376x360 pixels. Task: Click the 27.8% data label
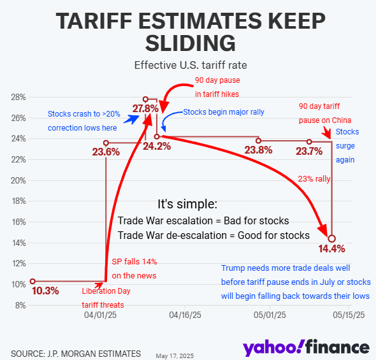point(145,108)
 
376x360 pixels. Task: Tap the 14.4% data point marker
point(331,239)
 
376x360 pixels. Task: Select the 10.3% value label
point(45,291)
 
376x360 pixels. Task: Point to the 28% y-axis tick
point(18,97)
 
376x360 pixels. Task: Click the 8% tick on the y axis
point(20,306)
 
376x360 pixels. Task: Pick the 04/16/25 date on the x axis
point(185,315)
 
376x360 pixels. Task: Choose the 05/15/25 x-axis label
point(349,315)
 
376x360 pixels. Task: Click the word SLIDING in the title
point(191,43)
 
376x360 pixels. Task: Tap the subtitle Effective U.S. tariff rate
point(191,65)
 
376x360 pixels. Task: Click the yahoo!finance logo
point(306,348)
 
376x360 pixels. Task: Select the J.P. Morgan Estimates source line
point(76,354)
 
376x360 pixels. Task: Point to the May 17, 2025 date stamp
point(175,356)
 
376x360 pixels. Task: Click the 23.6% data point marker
point(106,143)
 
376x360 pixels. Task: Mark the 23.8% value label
point(258,150)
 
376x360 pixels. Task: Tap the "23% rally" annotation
point(314,179)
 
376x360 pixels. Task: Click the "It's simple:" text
point(187,204)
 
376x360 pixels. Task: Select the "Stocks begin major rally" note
point(224,112)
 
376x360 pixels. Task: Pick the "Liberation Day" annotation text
point(106,291)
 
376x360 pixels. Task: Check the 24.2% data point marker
point(157,136)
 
